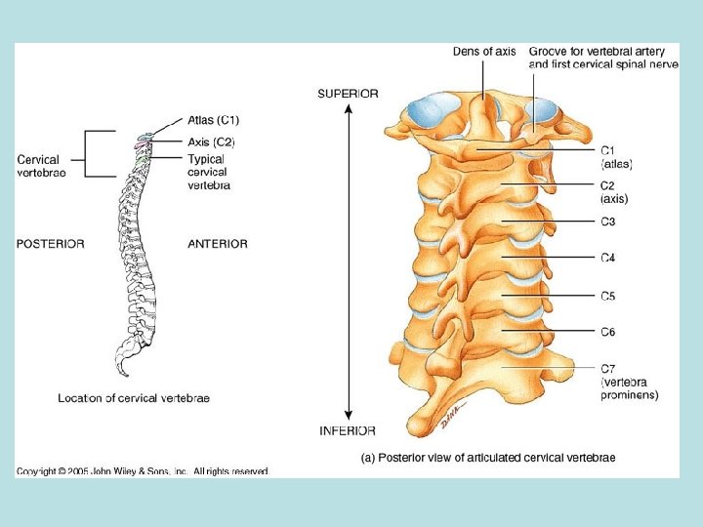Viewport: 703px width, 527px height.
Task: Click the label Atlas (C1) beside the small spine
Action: [x=213, y=120]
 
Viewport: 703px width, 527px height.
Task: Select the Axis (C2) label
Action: [x=211, y=142]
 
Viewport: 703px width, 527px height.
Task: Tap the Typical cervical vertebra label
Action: [x=209, y=172]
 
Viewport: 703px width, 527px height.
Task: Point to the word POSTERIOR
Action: [x=50, y=244]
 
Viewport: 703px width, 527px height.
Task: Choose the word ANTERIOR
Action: [x=218, y=244]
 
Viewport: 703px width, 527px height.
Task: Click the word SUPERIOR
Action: [x=349, y=94]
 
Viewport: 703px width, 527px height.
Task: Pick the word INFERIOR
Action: [x=348, y=431]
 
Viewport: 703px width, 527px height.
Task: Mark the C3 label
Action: [x=608, y=223]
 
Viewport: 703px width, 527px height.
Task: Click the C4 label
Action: [x=608, y=259]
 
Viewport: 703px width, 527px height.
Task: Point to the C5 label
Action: [x=608, y=296]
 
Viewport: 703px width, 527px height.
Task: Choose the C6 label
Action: [x=608, y=332]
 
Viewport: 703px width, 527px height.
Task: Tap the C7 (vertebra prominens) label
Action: [x=628, y=382]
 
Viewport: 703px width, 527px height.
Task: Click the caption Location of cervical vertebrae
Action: [x=134, y=398]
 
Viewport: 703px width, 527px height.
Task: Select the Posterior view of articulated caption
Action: [x=488, y=457]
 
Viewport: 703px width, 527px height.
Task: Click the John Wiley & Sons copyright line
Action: [x=143, y=471]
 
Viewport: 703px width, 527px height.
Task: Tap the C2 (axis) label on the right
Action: [x=613, y=191]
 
